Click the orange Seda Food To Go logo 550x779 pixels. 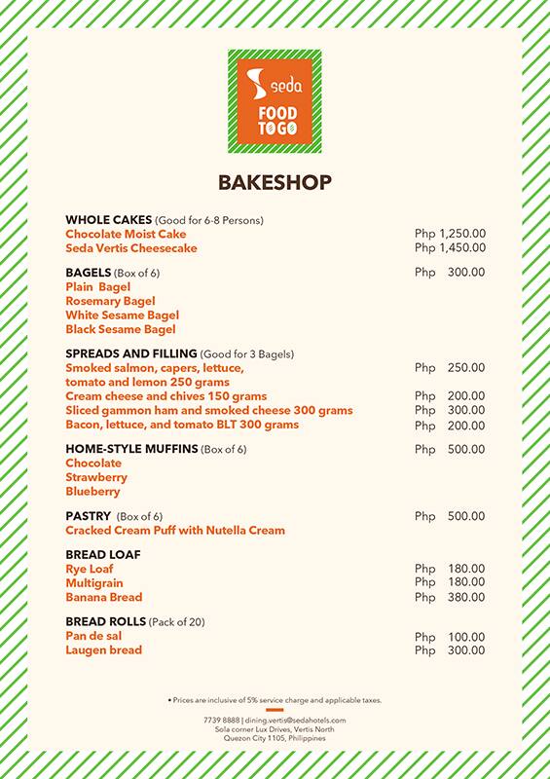tap(275, 101)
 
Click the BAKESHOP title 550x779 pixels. tap(275, 183)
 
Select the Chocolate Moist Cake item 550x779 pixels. tap(126, 235)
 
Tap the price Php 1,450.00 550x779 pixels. tap(450, 248)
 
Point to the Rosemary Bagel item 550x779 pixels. tap(110, 302)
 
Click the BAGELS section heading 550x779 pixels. tap(89, 273)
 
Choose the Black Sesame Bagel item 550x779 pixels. tap(121, 330)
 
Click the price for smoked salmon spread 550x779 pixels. tap(450, 368)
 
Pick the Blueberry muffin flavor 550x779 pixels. tap(92, 492)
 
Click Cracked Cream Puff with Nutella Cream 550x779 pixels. tap(175, 531)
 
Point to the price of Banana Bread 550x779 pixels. tap(450, 598)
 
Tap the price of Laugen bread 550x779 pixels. tap(450, 650)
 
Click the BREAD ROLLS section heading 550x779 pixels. tap(105, 621)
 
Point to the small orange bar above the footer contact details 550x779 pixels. tap(275, 710)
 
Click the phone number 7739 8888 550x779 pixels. tap(222, 720)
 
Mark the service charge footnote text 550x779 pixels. tap(275, 700)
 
